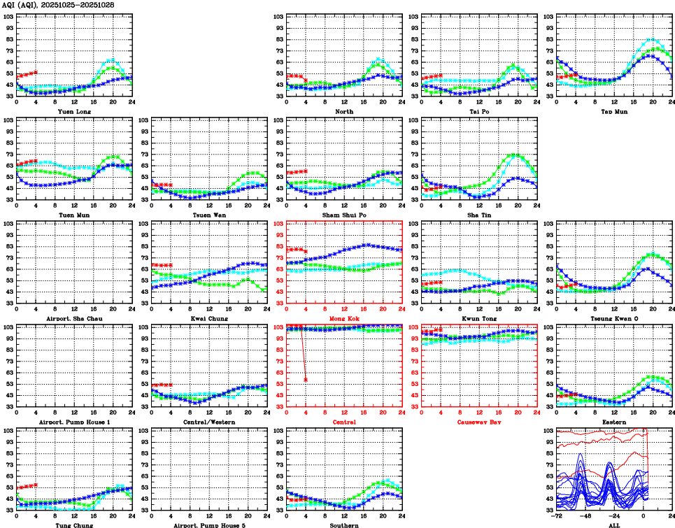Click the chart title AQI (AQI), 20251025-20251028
(x=57, y=5)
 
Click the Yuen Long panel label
(x=73, y=111)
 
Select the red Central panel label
(x=344, y=422)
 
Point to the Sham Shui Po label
(x=344, y=215)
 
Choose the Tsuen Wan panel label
(x=209, y=215)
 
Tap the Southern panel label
(x=344, y=525)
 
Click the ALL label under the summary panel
(x=613, y=525)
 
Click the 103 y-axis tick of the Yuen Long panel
(x=8, y=16)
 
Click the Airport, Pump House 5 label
(x=209, y=525)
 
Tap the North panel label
(x=344, y=111)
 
